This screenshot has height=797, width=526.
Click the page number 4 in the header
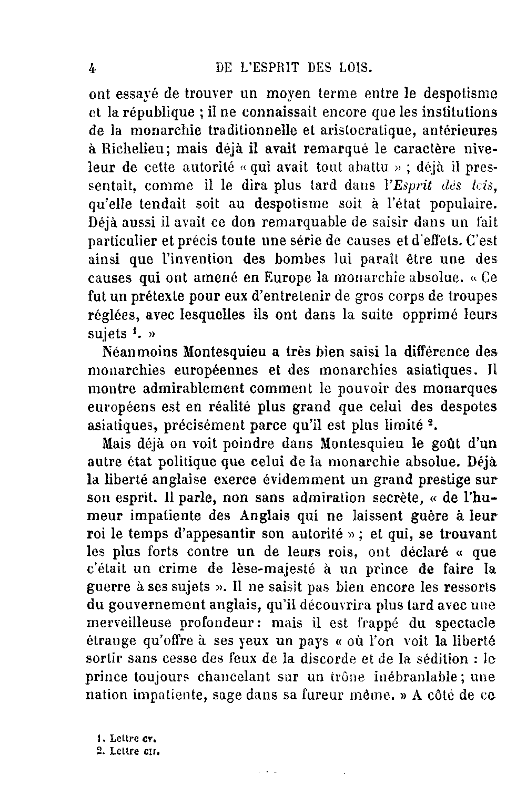pyautogui.click(x=93, y=68)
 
